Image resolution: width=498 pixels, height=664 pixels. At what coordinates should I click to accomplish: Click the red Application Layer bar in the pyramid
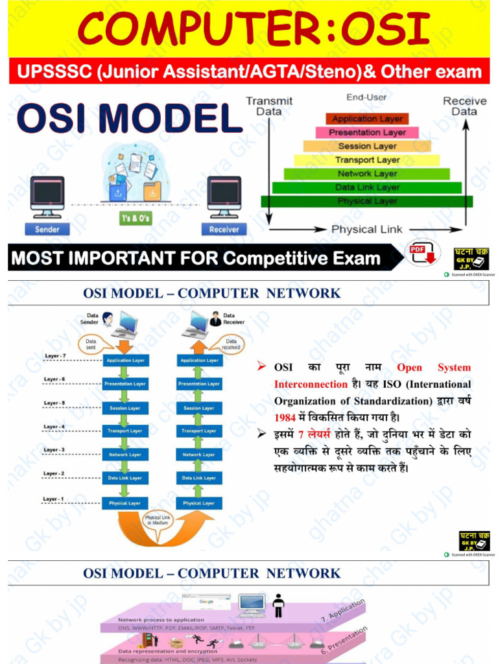click(x=367, y=119)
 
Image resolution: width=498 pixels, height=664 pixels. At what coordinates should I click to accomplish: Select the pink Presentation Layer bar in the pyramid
click(x=367, y=132)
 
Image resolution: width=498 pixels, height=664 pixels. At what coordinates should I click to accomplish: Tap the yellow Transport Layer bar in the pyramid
click(x=367, y=160)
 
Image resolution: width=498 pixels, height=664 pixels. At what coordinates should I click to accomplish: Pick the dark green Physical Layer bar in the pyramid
click(x=367, y=202)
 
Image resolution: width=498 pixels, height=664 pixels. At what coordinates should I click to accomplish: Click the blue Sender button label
click(x=47, y=229)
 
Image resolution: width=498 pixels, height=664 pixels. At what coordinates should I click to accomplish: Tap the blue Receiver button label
click(x=224, y=229)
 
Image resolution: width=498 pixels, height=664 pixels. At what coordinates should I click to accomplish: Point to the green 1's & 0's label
click(x=136, y=219)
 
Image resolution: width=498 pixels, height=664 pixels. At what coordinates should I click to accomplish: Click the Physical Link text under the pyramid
click(x=366, y=229)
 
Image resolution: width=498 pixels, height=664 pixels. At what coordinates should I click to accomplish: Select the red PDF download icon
click(x=418, y=254)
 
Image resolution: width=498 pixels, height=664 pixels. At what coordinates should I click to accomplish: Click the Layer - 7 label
click(x=55, y=356)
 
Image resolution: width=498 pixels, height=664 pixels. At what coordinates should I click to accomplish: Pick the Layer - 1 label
click(x=54, y=499)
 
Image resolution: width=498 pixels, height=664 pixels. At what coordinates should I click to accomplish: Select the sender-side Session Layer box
click(x=126, y=408)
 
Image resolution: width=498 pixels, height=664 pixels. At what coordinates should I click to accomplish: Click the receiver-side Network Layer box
click(x=199, y=455)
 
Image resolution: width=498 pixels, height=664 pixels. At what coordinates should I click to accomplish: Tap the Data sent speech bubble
click(x=91, y=344)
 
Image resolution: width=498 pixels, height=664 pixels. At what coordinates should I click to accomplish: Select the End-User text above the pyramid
click(x=366, y=97)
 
